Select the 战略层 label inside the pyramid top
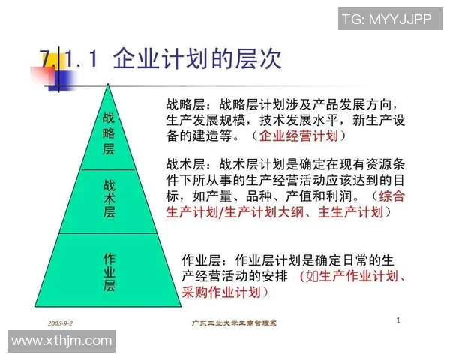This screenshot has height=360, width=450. (109, 132)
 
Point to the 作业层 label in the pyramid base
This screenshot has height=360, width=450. (109, 271)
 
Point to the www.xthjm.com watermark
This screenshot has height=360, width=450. (62, 341)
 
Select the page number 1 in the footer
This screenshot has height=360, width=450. (398, 320)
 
